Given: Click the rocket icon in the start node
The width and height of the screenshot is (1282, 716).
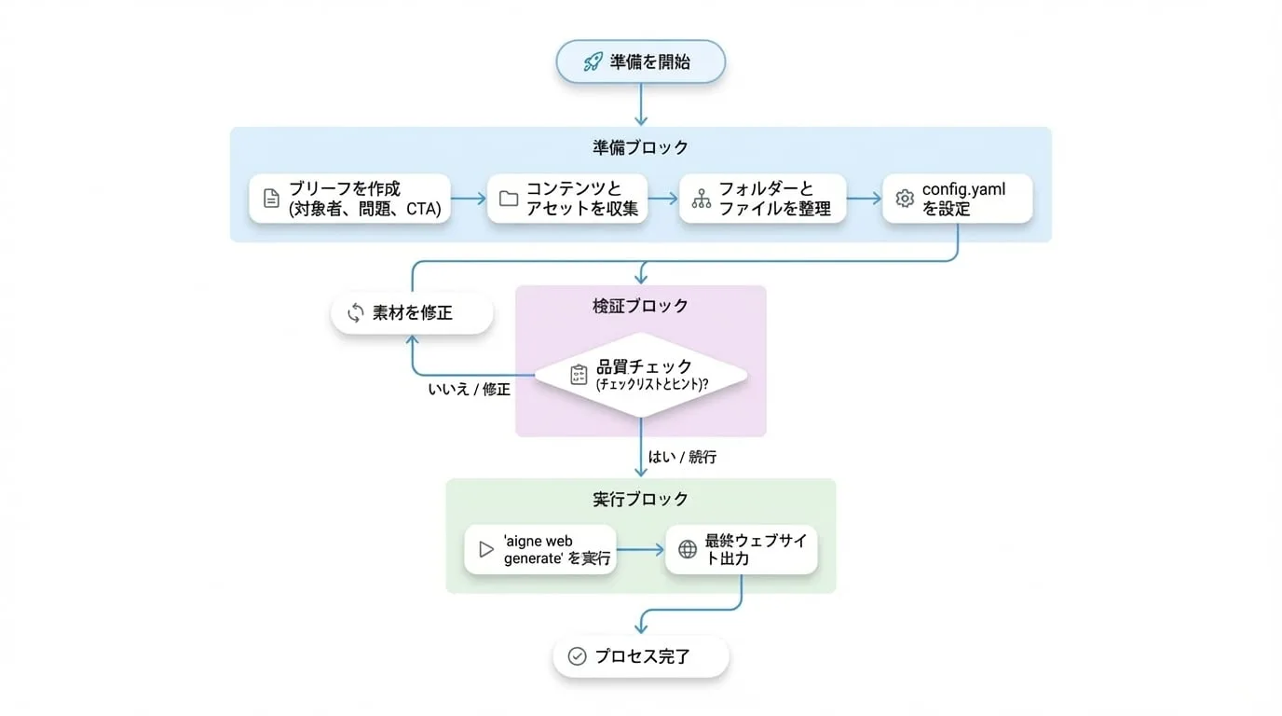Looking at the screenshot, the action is [x=593, y=62].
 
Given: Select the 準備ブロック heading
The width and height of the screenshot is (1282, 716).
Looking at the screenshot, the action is [x=640, y=148].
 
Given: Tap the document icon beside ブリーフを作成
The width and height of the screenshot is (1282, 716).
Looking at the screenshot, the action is [x=271, y=199].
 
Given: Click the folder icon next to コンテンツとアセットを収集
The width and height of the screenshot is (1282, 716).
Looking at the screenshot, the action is [x=509, y=199].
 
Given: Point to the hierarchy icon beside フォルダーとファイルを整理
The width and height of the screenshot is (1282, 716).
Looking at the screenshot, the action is [x=701, y=199].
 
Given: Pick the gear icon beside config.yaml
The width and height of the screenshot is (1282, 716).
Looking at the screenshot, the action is [x=905, y=199].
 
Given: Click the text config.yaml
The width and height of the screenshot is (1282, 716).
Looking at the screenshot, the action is [x=963, y=189].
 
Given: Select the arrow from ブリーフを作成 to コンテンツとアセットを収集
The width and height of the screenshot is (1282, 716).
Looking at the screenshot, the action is [x=468, y=199].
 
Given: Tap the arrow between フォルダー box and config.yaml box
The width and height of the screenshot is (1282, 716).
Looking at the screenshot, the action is [x=865, y=199].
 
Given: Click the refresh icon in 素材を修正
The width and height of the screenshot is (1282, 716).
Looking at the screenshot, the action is [x=355, y=312].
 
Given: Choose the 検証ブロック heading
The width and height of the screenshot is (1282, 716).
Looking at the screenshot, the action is [x=640, y=306].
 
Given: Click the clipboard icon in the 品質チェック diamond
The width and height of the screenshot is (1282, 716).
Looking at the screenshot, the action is [x=579, y=375].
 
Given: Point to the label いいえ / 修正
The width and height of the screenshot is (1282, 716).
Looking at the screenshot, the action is [x=470, y=390].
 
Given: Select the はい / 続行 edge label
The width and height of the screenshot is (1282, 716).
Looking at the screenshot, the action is [x=682, y=457].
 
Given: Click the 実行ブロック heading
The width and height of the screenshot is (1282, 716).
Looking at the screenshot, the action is [x=640, y=499].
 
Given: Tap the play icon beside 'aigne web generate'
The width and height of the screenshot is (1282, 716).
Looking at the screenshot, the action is [x=486, y=549].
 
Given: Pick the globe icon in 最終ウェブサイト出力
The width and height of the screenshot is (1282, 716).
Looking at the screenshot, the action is [x=688, y=549].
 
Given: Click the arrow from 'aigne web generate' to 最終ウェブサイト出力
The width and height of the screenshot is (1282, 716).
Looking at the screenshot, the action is [x=640, y=550].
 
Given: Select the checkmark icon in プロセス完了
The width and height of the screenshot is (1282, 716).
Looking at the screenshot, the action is [x=577, y=655].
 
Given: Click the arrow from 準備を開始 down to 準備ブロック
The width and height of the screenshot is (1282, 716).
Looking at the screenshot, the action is [x=641, y=104].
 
